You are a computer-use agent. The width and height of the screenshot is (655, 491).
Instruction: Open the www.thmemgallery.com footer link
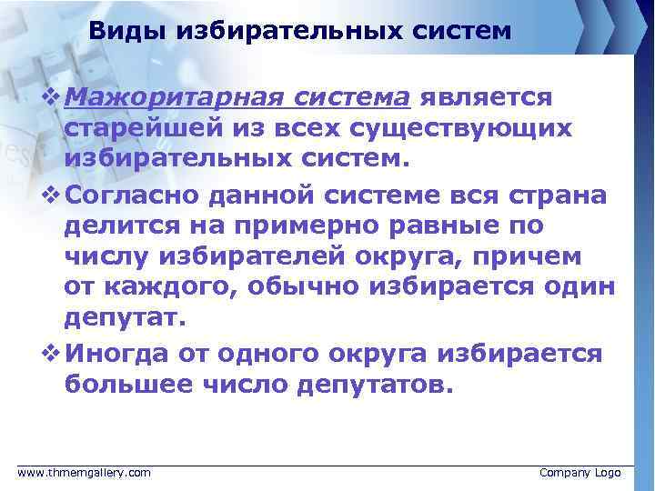85,473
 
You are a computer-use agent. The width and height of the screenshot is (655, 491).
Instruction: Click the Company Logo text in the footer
579,473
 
